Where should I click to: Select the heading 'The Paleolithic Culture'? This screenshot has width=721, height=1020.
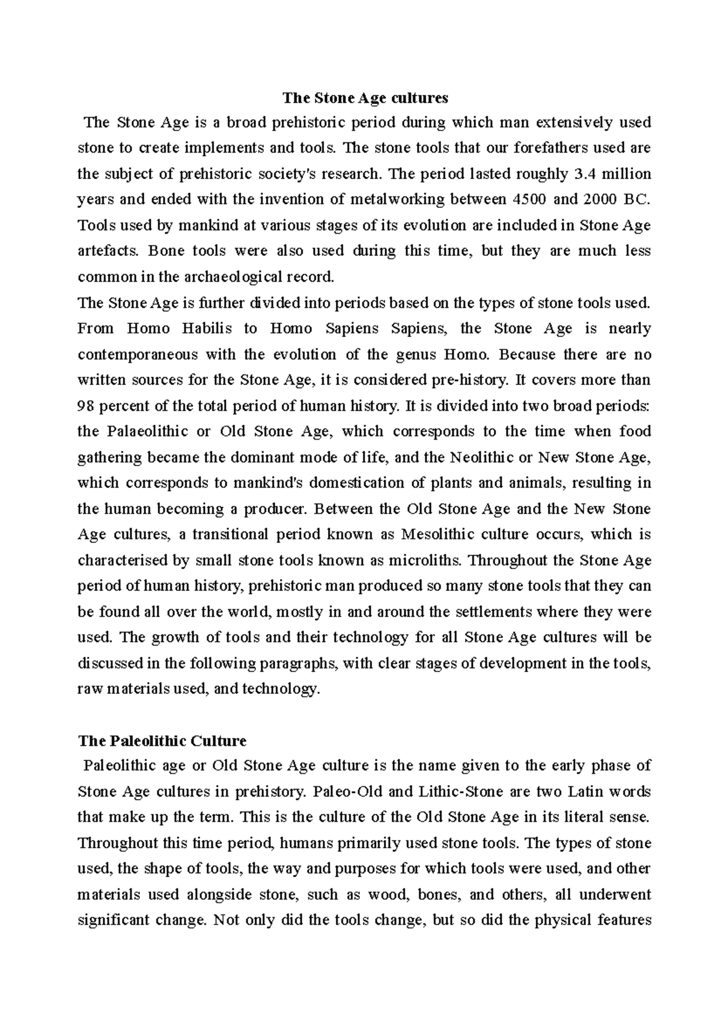(x=162, y=740)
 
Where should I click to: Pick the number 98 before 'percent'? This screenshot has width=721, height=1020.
(x=87, y=406)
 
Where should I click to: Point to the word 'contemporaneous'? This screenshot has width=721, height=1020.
(x=138, y=354)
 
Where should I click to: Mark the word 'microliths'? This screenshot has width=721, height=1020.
(x=424, y=560)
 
